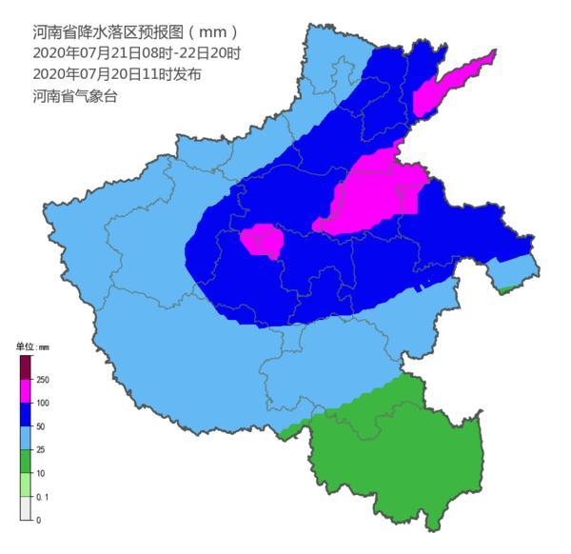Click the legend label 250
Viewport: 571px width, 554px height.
43,380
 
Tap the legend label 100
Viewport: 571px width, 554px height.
43,404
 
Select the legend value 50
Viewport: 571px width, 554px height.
41,426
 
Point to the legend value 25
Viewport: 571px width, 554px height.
41,450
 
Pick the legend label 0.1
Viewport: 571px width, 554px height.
42,497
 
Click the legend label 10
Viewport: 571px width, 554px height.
41,473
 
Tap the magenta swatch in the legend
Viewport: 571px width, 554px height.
25,391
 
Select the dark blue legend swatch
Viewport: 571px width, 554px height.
25,415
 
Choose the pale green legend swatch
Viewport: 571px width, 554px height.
25,485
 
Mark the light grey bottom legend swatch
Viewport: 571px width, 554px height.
25,508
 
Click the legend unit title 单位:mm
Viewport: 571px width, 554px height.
31,347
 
